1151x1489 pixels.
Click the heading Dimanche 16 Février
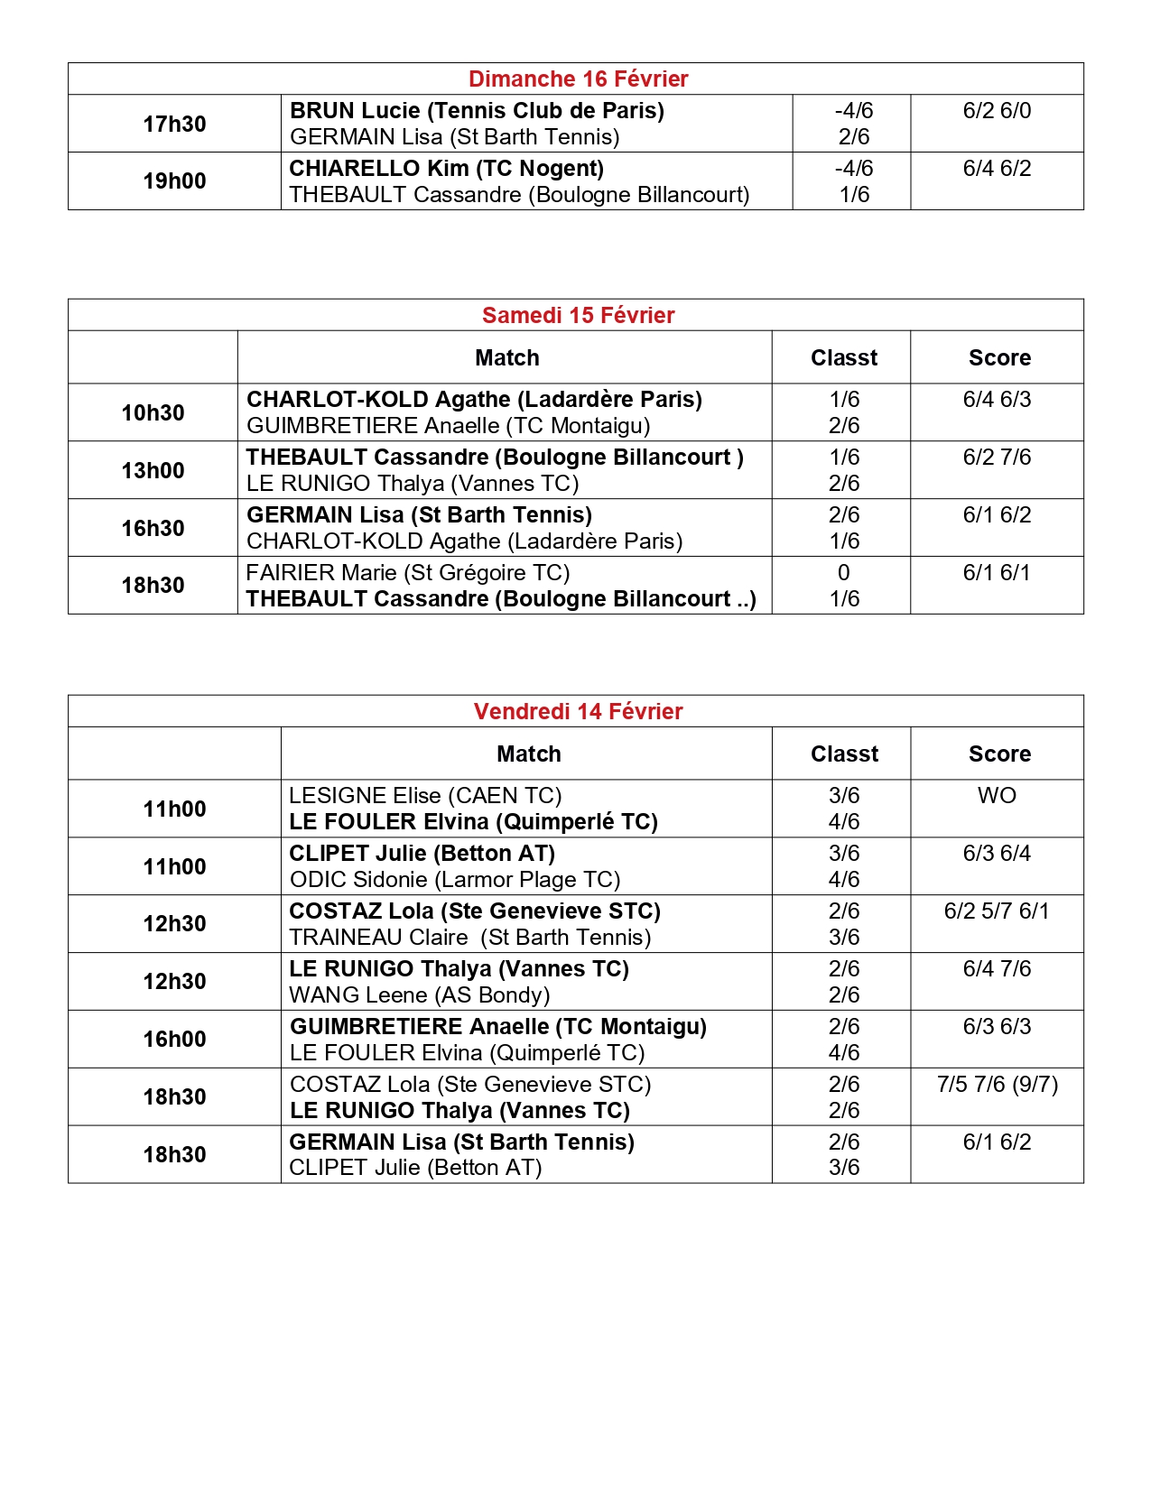(x=578, y=79)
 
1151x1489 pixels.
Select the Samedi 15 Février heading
(x=578, y=316)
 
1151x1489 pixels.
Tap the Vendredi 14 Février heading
(x=578, y=712)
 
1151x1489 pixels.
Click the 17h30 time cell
(x=174, y=125)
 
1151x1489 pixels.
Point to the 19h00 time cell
(x=174, y=181)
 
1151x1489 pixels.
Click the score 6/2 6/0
(x=997, y=111)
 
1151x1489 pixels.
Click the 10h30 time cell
(x=153, y=413)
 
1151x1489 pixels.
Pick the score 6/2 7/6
(x=997, y=458)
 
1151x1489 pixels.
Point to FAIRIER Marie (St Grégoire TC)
(x=407, y=573)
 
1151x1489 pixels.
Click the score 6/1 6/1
(x=997, y=573)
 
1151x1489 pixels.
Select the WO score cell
(x=997, y=796)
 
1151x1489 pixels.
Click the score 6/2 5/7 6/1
(x=997, y=911)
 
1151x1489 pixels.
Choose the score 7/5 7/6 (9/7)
(x=997, y=1085)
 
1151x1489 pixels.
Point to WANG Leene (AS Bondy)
(x=419, y=995)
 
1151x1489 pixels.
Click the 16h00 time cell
(x=174, y=1040)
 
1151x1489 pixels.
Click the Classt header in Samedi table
(x=843, y=358)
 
